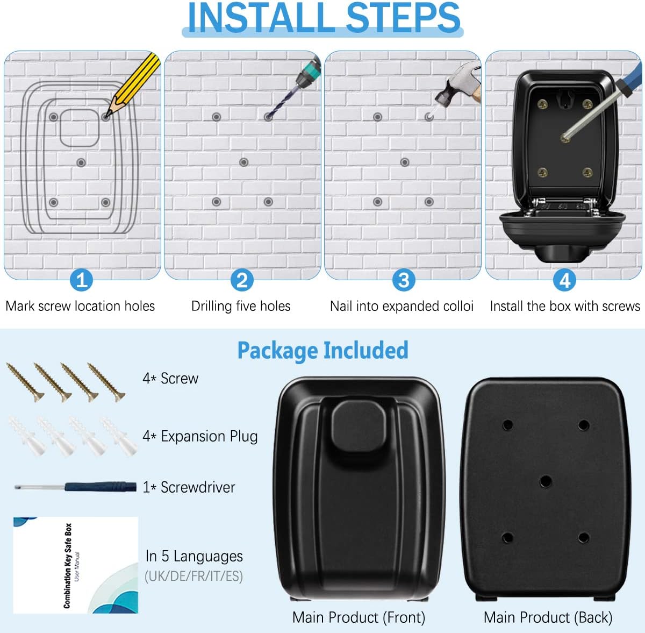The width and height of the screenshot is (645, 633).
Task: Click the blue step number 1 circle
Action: [x=81, y=280]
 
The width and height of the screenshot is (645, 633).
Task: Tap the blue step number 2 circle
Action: [x=242, y=280]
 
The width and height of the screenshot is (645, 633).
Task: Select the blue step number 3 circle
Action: [x=403, y=280]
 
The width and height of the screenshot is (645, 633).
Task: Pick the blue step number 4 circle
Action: [x=564, y=280]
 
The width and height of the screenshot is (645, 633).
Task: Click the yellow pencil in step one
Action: [x=134, y=83]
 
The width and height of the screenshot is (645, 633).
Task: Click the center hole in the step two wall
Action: [x=243, y=162]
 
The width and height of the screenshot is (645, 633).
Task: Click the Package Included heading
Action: [x=322, y=350]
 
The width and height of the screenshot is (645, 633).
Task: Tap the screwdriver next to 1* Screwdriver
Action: [x=75, y=487]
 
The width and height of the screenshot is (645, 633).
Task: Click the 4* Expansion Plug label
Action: [x=200, y=436]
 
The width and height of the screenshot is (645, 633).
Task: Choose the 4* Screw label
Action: [x=170, y=379]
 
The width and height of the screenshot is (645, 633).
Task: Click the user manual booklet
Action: [x=75, y=565]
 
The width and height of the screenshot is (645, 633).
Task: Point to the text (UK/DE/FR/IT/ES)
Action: [x=193, y=576]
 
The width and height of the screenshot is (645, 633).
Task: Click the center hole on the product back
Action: [x=545, y=481]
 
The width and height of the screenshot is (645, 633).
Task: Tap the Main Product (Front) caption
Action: [x=359, y=617]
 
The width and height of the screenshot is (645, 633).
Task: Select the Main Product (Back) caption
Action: [x=548, y=617]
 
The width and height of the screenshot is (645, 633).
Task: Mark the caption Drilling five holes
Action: [x=241, y=306]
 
